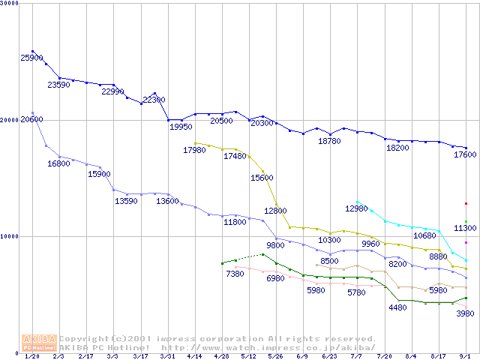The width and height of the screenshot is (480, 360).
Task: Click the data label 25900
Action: tap(32, 58)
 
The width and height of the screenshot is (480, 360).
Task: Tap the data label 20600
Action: tap(31, 119)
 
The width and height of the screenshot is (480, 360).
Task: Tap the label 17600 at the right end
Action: tap(463, 154)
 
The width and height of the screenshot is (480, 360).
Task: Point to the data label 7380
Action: tap(235, 274)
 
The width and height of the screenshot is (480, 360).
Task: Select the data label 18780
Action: tap(329, 141)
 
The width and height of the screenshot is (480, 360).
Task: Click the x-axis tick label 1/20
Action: tap(32, 356)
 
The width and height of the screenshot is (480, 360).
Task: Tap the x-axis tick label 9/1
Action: tap(466, 356)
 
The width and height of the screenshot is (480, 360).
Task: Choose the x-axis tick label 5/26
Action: tap(276, 356)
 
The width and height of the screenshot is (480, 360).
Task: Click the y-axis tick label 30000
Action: tap(10, 4)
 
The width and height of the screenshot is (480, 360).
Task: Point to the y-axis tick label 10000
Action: tap(10, 236)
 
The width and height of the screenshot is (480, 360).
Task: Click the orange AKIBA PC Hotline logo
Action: tap(39, 343)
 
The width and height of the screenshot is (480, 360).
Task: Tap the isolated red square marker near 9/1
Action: tap(466, 203)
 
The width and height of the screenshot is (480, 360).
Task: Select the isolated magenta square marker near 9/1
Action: tap(466, 242)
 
